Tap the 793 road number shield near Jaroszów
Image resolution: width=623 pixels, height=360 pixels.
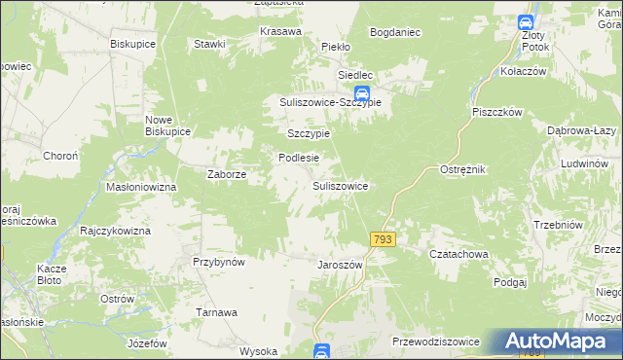383,239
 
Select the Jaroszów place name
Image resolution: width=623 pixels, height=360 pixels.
340,264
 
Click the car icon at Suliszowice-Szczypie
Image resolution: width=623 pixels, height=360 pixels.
361,93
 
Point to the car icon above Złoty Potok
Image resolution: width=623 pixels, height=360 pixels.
525,23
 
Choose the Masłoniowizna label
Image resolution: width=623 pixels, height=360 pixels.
140,186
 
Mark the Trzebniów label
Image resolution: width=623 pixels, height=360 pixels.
558,225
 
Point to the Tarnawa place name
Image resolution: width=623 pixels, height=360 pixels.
218,312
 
